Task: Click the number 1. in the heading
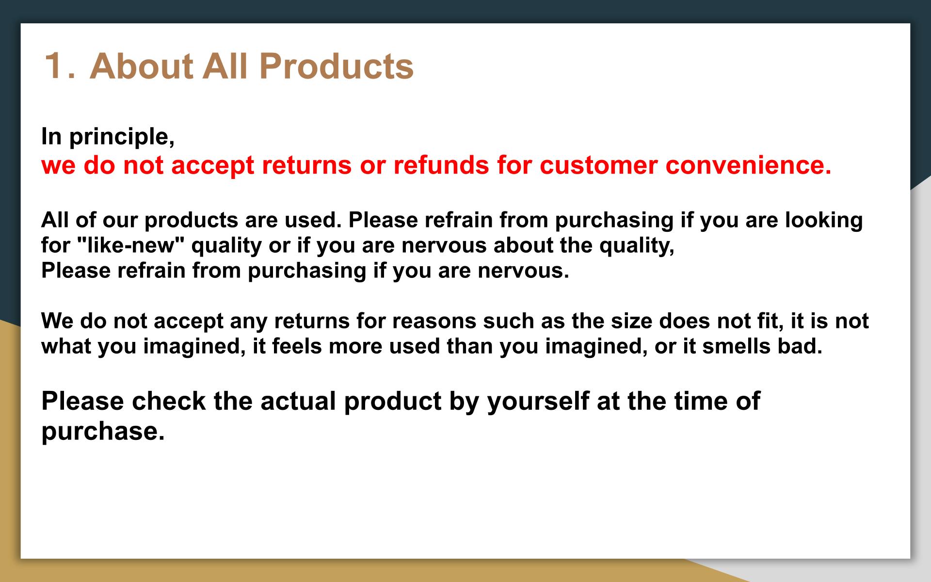tap(60, 65)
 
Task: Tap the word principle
tap(122, 137)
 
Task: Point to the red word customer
tap(599, 165)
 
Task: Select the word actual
tap(298, 401)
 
